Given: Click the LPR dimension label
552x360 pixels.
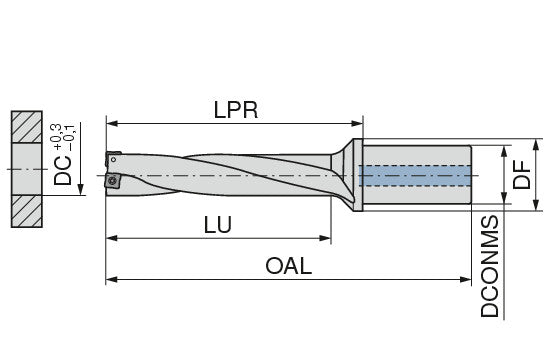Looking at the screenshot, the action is pos(236,110).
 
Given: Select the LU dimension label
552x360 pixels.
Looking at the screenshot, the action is pos(218,225).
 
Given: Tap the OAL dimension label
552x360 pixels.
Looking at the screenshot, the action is pos(289,266).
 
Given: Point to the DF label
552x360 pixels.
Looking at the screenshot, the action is pos(521,175).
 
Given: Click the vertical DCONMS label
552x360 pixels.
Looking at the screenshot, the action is pos(490,266).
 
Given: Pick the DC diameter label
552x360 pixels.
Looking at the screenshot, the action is pos(63,170).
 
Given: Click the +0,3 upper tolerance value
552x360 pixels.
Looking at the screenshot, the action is pos(56,137).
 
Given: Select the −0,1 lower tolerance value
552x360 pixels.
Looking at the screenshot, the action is pos(69,137).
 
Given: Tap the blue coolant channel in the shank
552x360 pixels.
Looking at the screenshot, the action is pos(415,175).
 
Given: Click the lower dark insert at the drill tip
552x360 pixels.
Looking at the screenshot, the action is pos(113,180).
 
